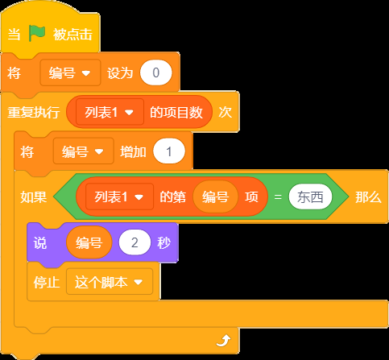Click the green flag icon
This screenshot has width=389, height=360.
tap(37, 33)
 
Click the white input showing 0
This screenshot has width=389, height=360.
tap(155, 72)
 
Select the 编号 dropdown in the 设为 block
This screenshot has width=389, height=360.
tap(70, 72)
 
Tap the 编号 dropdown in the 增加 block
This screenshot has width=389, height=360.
tap(84, 151)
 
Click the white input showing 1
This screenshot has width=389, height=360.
tap(169, 151)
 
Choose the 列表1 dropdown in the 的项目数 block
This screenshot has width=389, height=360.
tap(110, 112)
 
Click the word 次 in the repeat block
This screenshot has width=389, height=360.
tap(225, 112)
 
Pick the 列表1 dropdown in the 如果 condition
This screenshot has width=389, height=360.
tap(119, 197)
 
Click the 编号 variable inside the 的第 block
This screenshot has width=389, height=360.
tap(215, 197)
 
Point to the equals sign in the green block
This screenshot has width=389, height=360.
tap(278, 197)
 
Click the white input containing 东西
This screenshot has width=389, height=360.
tap(310, 197)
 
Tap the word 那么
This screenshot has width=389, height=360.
tap(368, 197)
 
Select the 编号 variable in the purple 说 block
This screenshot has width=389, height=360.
tap(89, 242)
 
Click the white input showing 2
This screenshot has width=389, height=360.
tap(134, 242)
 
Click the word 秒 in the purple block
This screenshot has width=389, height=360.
tap(164, 243)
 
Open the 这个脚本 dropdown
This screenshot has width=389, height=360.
tap(110, 282)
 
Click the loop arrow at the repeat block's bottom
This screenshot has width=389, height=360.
tap(223, 341)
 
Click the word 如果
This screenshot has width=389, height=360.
tap(34, 197)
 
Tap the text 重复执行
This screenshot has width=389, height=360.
tap(34, 112)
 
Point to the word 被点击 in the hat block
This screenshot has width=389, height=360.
tap(72, 35)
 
